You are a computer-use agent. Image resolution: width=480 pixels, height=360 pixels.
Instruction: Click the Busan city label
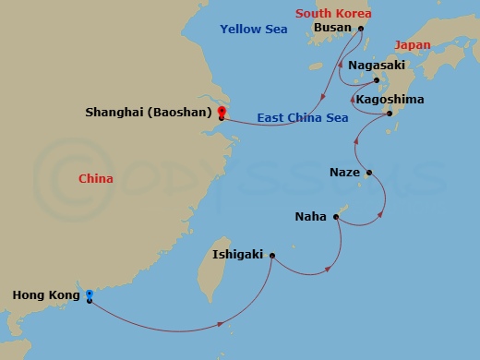pos(332,28)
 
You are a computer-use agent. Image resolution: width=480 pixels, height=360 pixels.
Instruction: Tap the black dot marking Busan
pos(361,28)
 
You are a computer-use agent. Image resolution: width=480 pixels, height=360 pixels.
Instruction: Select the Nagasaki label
pos(378,66)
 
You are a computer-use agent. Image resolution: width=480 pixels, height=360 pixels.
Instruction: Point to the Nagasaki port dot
pos(377,80)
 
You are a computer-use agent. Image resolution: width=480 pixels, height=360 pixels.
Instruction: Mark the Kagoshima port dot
pos(390,114)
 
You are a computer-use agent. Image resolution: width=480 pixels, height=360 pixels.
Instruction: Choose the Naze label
pos(344,173)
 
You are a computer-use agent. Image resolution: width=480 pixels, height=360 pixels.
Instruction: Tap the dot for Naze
pos(369,173)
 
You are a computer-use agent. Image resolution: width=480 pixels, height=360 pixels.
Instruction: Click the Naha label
pos(309,217)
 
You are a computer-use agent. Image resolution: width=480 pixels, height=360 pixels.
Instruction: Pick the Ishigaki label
pos(238,254)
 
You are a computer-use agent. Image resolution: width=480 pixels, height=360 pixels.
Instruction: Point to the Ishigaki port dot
pos(271,254)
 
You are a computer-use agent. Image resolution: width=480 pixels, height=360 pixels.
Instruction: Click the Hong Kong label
pos(45,295)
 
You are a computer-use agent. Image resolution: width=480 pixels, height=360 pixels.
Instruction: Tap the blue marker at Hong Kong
pos(89,295)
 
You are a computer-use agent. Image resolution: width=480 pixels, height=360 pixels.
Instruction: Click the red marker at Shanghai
pos(222,113)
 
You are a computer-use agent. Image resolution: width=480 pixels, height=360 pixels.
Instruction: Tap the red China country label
pos(96,178)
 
